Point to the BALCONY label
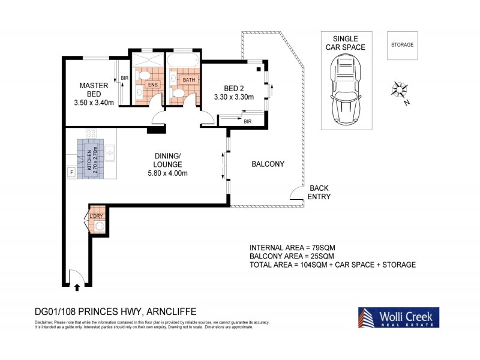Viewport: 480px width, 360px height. [x=268, y=164]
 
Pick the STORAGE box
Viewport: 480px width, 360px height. [x=403, y=45]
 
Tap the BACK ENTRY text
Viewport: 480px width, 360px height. [x=319, y=192]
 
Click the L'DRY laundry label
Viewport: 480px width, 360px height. [x=96, y=217]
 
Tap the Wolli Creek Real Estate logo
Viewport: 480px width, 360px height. [x=398, y=318]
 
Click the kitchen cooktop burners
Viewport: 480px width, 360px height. [x=92, y=134]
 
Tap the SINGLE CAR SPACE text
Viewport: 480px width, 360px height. [x=345, y=42]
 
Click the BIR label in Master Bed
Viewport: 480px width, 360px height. [x=125, y=78]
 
